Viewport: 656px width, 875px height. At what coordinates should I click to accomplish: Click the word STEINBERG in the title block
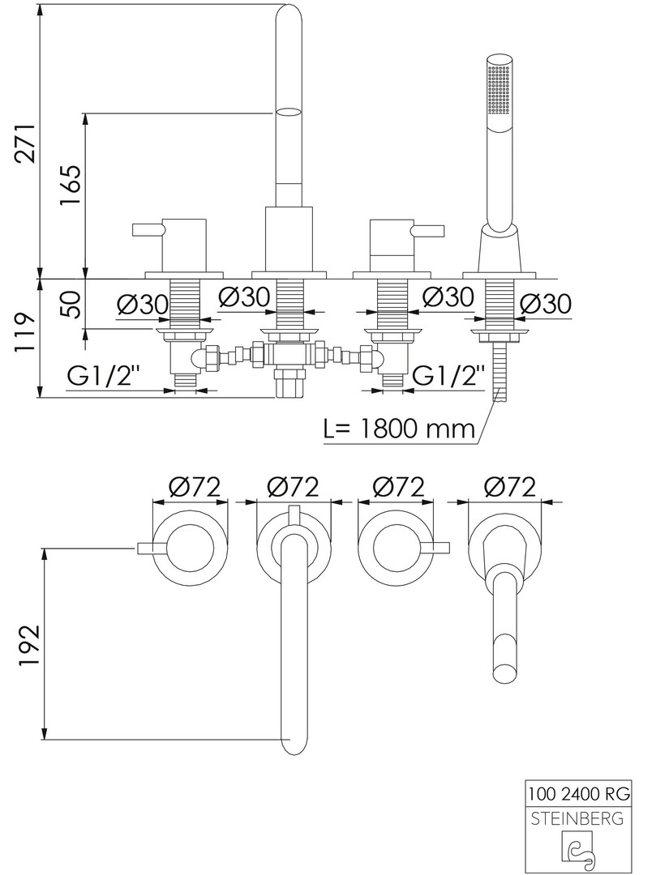point(577,818)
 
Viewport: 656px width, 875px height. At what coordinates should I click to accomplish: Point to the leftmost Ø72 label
point(195,486)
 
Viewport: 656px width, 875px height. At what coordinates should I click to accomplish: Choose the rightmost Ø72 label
point(509,486)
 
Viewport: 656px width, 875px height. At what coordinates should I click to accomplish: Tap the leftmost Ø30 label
point(142,304)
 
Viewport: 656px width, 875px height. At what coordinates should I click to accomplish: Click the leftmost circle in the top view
point(194,548)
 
